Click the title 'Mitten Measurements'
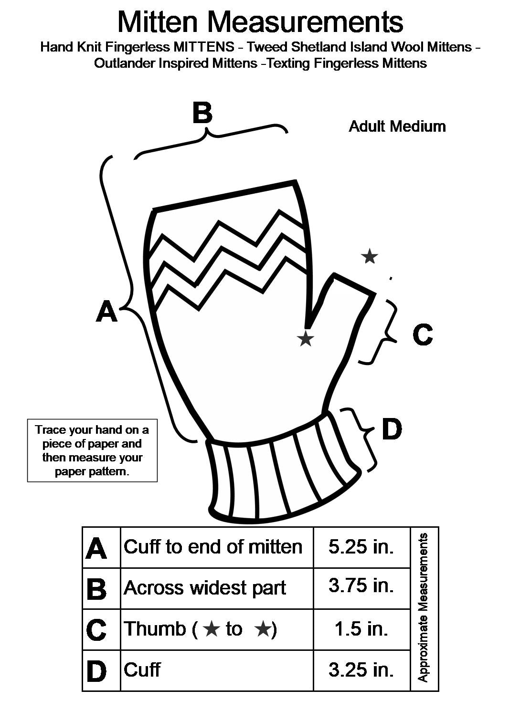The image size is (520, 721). point(260,21)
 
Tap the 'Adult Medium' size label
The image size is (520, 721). point(397,126)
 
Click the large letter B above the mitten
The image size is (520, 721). point(202,114)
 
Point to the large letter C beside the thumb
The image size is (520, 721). point(423,334)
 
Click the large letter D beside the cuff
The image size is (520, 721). point(392,429)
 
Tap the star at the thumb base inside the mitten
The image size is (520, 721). point(306,339)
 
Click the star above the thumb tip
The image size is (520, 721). point(369,257)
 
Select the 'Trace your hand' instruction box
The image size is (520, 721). point(92,450)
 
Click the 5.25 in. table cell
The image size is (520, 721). point(361,547)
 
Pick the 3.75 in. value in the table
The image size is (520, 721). point(361,585)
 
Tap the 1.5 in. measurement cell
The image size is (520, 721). point(361,628)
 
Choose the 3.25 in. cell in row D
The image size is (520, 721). point(361,669)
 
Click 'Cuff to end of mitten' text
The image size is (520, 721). point(213,547)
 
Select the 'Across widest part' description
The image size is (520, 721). point(205,587)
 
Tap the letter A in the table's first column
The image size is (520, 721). point(96,548)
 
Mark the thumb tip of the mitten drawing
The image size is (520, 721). point(353,283)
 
